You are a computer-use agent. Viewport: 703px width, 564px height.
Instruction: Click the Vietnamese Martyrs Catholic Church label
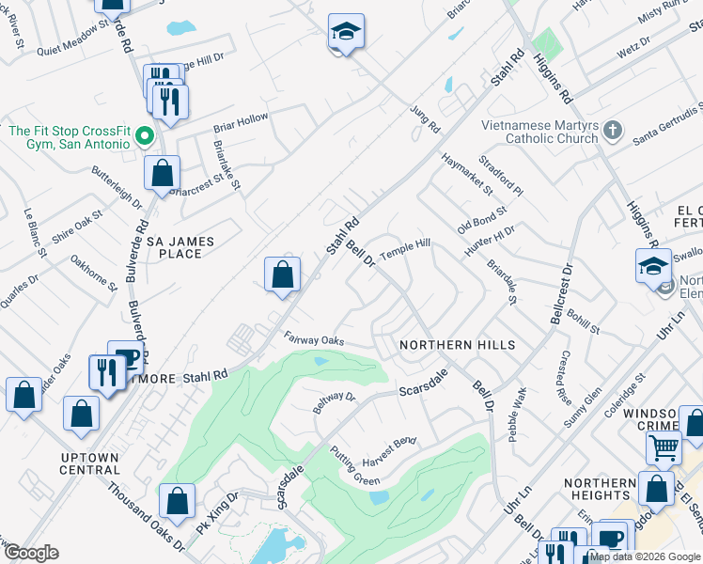pos(539,131)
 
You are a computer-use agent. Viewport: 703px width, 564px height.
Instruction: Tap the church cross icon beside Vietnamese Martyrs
pos(612,130)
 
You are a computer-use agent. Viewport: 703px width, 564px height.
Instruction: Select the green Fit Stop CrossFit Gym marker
pos(144,137)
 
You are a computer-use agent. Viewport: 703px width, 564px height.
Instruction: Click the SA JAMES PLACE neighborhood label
pos(180,247)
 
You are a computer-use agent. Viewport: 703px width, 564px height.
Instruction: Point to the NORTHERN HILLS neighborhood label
pos(457,345)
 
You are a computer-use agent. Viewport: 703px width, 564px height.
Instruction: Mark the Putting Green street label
pos(354,465)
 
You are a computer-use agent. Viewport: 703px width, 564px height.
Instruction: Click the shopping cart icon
pos(664,447)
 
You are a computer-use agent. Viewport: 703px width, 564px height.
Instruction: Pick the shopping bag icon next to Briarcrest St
pos(163,173)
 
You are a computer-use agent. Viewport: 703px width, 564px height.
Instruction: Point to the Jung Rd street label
pos(425,117)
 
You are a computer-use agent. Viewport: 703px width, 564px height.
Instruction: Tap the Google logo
pos(30,553)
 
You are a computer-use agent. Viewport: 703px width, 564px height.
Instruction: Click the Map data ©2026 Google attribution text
pos(644,556)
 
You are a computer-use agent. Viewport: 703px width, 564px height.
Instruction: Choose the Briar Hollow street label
pos(241,122)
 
